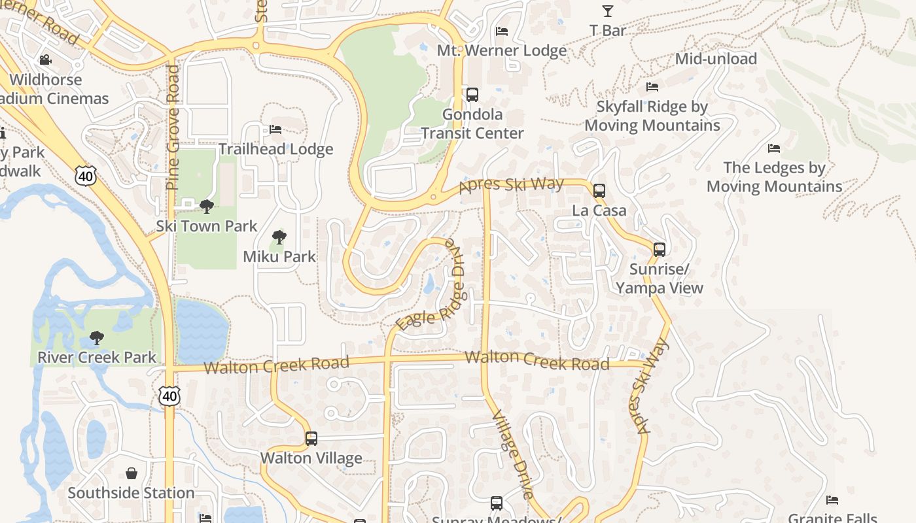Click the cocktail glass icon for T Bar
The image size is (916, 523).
(608, 11)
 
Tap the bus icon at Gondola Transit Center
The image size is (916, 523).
(472, 95)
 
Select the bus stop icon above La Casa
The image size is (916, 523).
(599, 191)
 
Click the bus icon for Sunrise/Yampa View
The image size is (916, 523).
(660, 250)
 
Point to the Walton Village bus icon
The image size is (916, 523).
(311, 439)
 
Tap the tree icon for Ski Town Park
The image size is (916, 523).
(207, 207)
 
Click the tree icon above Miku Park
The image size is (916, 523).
(279, 237)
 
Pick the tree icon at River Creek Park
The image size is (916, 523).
(97, 338)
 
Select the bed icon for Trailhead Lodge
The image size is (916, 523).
(275, 129)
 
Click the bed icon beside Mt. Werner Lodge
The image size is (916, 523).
(502, 31)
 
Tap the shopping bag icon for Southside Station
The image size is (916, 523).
(132, 473)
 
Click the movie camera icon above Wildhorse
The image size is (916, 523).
(45, 61)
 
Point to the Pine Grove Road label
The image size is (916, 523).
(173, 127)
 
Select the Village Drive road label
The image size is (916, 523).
(512, 454)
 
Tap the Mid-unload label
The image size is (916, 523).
(716, 59)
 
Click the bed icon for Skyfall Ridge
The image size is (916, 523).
(652, 87)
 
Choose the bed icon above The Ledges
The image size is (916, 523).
(774, 148)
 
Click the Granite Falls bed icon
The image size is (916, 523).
(832, 501)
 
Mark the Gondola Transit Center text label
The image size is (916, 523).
(472, 124)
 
